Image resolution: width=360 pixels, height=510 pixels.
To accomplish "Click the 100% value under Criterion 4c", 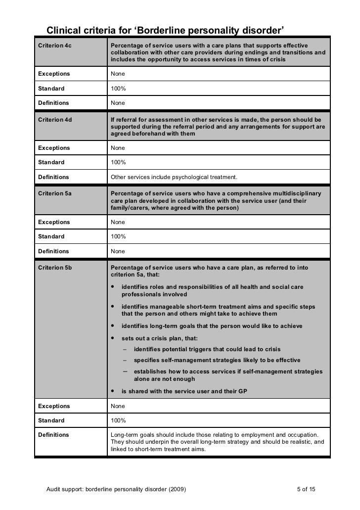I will click(x=118, y=89).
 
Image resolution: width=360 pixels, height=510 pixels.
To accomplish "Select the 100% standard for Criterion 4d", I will click(x=118, y=162).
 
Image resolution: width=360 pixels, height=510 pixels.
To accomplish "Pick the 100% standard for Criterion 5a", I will click(x=118, y=236).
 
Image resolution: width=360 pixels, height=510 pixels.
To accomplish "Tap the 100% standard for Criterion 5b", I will click(x=118, y=420).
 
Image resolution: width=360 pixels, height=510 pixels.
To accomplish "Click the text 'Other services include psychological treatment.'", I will click(x=174, y=177).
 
